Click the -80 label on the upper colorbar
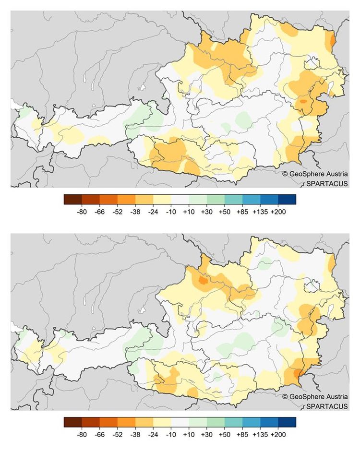[82, 212]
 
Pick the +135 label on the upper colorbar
[260, 212]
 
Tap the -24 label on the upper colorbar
[154, 212]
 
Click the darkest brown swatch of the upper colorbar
[73, 199]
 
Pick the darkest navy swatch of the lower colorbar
[287, 422]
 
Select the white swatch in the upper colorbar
[180, 199]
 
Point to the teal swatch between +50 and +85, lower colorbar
[233, 422]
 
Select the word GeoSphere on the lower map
[306, 397]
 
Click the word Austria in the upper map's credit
[336, 174]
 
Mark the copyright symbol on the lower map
[285, 397]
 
